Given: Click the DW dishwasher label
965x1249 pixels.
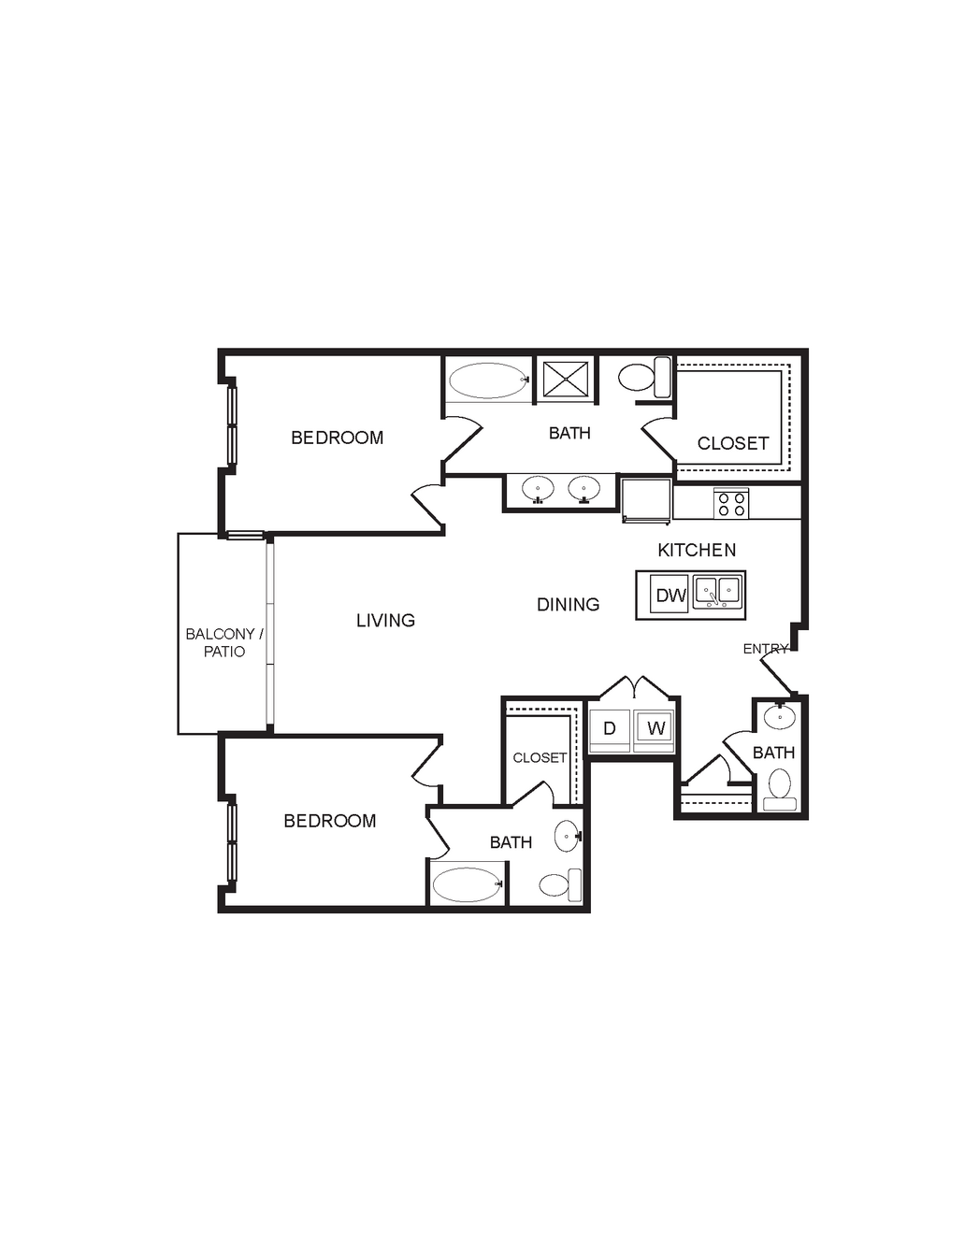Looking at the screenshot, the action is tap(670, 596).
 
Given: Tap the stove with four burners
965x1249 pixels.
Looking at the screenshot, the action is tap(731, 504).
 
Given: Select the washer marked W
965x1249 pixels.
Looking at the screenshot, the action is tap(655, 730).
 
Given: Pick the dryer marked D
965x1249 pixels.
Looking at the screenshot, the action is tap(610, 730).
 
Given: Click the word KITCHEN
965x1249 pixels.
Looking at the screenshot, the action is tap(697, 550).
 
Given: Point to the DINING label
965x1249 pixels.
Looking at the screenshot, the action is tap(568, 604).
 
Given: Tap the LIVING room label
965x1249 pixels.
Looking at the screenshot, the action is tap(385, 620).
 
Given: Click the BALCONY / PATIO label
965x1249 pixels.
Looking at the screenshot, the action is tap(224, 642).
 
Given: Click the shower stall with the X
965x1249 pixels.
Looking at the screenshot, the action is tap(567, 380).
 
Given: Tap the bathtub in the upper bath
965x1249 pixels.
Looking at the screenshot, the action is tap(488, 380).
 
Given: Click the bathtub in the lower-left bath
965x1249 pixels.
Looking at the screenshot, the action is tap(468, 884).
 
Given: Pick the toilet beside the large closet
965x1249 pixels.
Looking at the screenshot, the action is tap(645, 377).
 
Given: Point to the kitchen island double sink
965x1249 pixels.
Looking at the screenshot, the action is tap(716, 592).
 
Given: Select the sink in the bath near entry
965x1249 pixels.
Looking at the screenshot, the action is tap(779, 716).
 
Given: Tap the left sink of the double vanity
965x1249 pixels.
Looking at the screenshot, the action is tap(538, 490).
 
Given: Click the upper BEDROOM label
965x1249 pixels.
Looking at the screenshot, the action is tap(337, 438).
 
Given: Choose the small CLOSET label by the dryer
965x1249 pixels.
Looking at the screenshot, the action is tap(540, 757).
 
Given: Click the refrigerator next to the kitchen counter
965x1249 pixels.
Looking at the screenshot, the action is tap(646, 501).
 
